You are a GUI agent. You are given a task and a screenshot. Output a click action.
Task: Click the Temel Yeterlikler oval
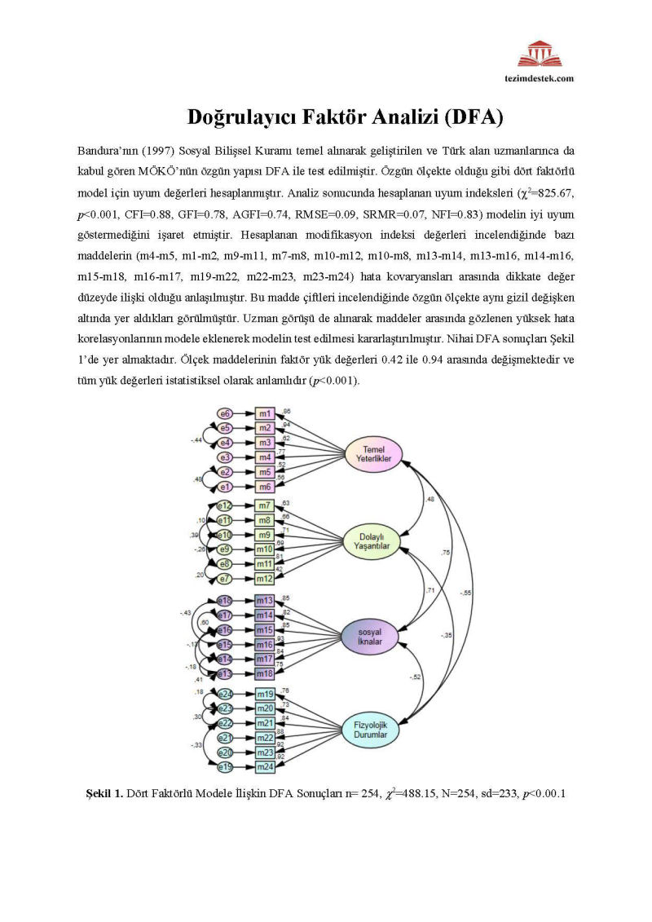click(374, 453)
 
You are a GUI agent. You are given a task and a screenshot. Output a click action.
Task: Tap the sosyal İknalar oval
click(374, 635)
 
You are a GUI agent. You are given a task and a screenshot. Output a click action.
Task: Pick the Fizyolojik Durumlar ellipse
click(374, 727)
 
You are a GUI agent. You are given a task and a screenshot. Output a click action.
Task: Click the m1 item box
click(265, 414)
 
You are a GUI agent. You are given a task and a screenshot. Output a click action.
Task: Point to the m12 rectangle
click(265, 578)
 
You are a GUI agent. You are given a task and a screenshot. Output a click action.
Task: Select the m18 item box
click(265, 673)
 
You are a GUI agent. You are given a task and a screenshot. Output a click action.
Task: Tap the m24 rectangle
click(265, 767)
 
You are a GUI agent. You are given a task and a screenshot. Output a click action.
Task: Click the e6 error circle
click(227, 414)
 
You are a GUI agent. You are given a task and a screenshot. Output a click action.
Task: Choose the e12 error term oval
click(227, 506)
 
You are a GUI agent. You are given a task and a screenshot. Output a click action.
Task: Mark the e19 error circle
click(227, 767)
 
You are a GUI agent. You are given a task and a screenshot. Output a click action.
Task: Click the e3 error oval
click(227, 457)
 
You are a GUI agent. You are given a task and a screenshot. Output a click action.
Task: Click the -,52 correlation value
click(416, 677)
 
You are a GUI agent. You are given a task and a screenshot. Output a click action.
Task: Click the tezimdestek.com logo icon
click(539, 55)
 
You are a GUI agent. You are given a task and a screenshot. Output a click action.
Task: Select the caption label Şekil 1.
click(104, 792)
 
